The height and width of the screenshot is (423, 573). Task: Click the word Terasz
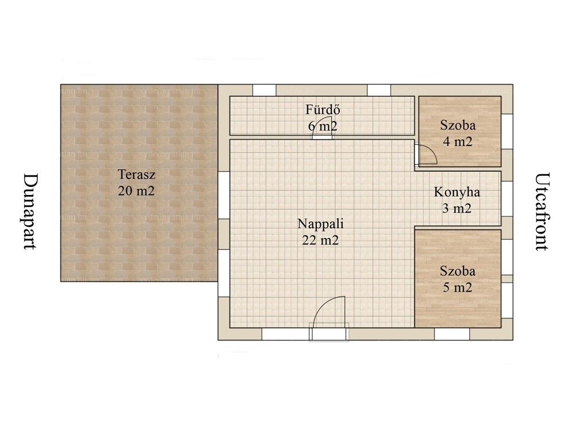[136, 174]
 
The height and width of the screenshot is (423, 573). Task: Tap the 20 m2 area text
[136, 191]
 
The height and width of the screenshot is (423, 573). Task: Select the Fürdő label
[323, 109]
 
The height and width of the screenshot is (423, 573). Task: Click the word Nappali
[320, 224]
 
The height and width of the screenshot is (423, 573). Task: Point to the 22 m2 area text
[320, 240]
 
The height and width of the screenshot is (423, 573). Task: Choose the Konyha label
[457, 193]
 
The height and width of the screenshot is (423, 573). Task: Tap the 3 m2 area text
[457, 209]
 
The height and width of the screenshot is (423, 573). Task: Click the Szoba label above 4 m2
[457, 126]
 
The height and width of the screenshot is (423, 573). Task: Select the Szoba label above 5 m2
[457, 271]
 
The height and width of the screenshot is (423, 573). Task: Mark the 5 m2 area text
[457, 287]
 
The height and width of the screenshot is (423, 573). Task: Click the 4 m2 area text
[457, 142]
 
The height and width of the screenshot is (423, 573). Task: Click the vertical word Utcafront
[542, 211]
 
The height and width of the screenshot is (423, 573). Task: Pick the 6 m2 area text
[323, 126]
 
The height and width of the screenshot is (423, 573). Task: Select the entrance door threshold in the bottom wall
[329, 332]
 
